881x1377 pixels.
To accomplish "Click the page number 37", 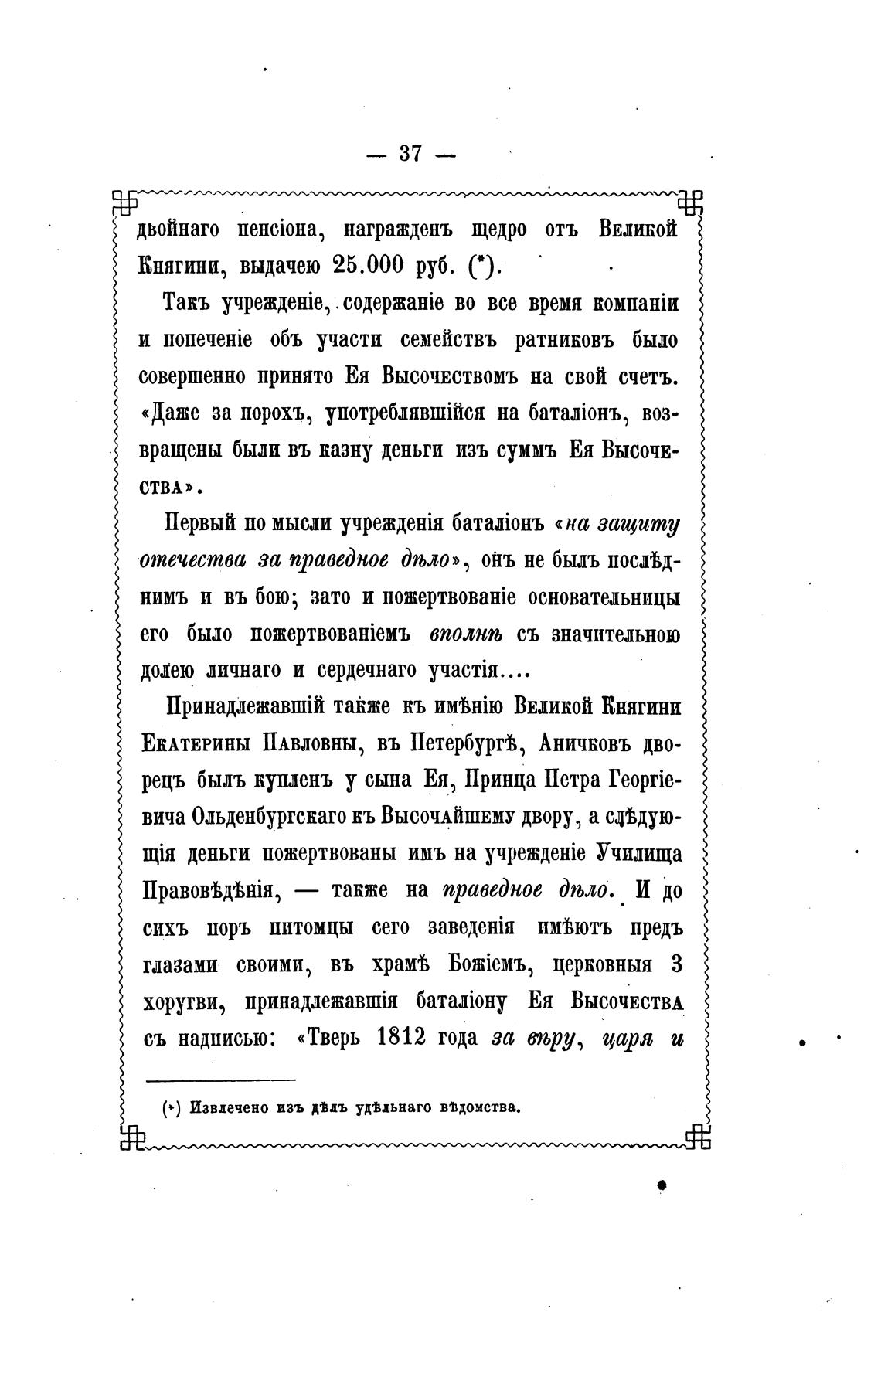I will click(410, 154).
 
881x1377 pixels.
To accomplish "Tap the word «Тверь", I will click(331, 1037).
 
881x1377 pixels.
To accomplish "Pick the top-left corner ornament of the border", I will click(124, 202).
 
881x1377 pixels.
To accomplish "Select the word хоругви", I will click(185, 1001).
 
